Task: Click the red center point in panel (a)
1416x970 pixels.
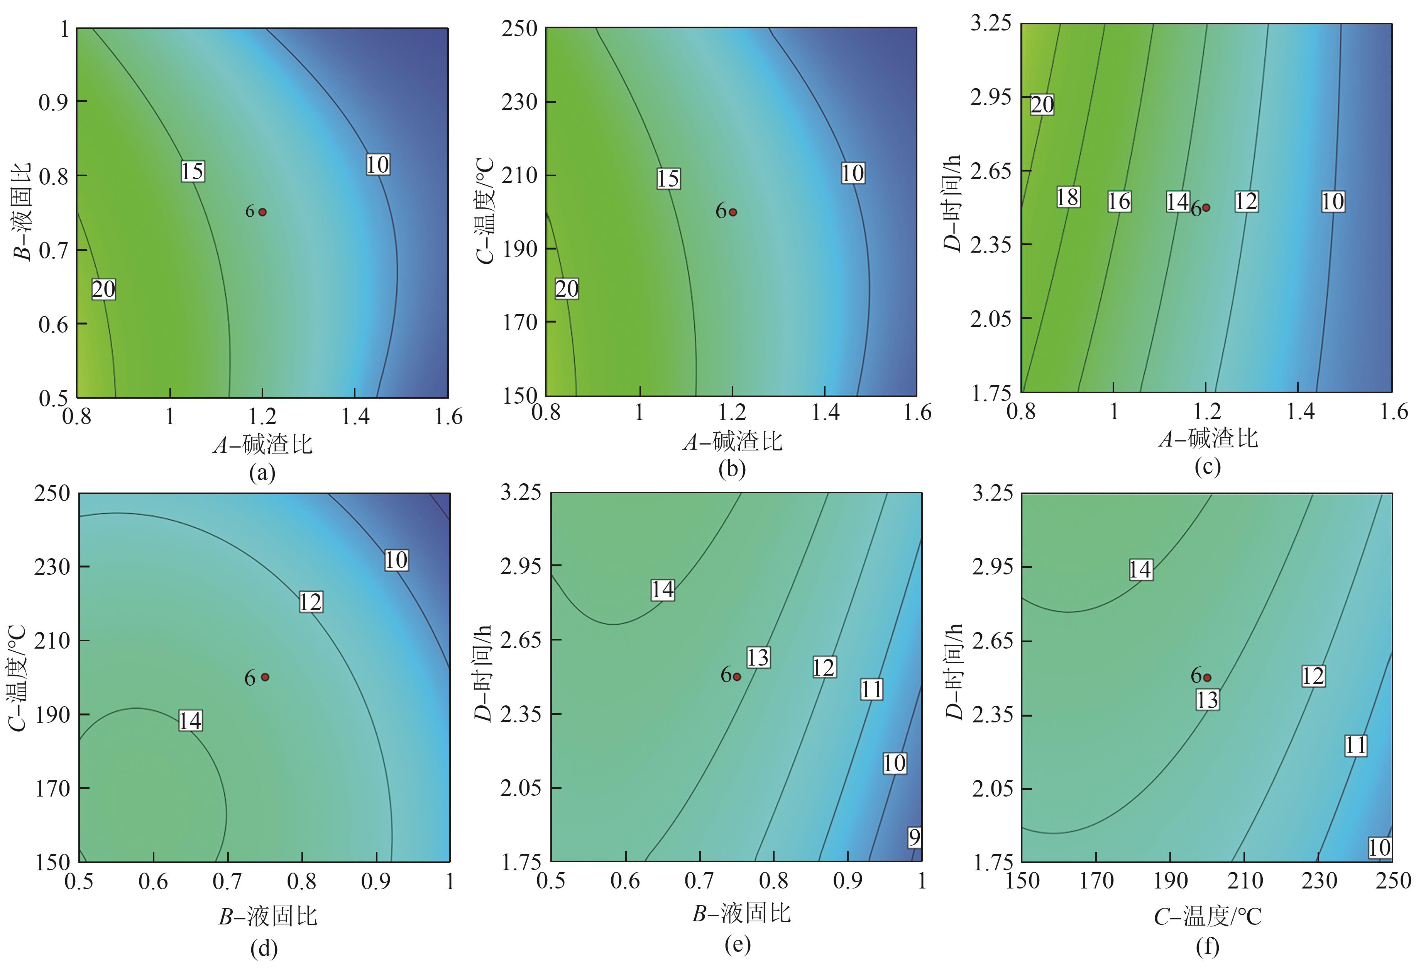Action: pos(262,212)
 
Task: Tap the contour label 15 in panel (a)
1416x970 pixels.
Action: pos(193,171)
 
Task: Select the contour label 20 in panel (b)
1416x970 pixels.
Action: pos(567,289)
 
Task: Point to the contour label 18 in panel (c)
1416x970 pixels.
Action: pos(1067,197)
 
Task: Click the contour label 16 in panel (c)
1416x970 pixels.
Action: pos(1119,201)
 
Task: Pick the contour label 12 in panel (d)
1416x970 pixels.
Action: pos(310,602)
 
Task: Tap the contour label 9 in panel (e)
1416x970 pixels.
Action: pos(914,838)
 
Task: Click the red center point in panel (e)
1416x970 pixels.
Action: pos(737,677)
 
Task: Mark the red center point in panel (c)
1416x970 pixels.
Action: pos(1205,208)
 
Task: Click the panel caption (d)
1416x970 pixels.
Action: pos(264,949)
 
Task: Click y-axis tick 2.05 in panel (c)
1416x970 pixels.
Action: pos(990,318)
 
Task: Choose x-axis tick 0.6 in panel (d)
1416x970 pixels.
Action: pos(153,882)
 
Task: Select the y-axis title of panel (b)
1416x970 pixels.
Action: pos(485,210)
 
